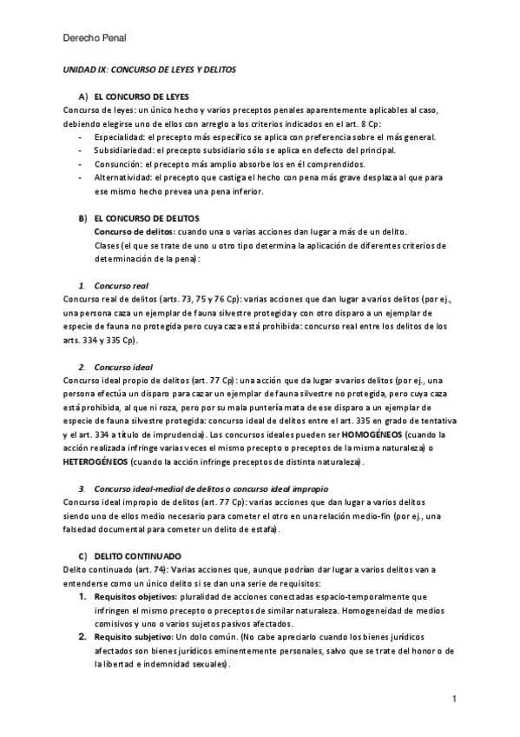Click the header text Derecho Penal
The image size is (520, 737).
pyautogui.click(x=96, y=38)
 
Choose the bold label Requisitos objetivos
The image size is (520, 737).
pyautogui.click(x=134, y=597)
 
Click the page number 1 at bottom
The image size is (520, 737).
pyautogui.click(x=453, y=699)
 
